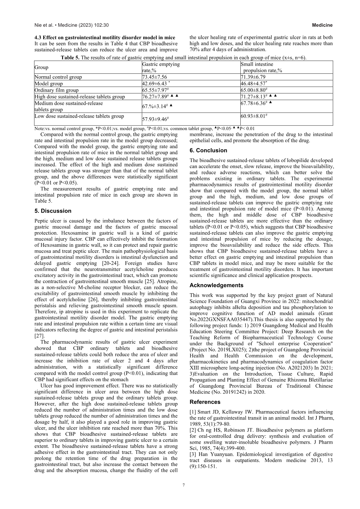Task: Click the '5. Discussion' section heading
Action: click(53, 211)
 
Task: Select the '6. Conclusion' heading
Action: click(208, 150)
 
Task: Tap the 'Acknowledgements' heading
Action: click(216, 285)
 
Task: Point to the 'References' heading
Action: click(205, 402)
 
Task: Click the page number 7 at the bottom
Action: click(183, 485)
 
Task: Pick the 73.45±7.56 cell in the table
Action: click(154, 77)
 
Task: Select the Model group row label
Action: click(48, 84)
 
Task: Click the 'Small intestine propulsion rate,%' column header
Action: click(261, 67)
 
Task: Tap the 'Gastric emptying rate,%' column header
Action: click(161, 67)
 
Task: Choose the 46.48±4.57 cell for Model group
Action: click(254, 84)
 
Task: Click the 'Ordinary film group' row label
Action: click(56, 90)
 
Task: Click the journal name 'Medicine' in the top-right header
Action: click(322, 25)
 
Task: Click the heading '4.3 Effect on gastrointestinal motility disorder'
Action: click(105, 37)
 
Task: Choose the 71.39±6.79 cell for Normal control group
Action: click(253, 77)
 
